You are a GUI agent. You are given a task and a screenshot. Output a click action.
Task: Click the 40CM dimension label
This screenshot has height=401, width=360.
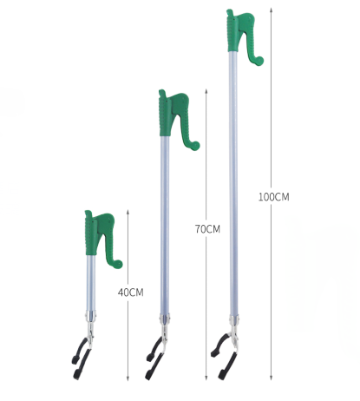pyautogui.click(x=130, y=293)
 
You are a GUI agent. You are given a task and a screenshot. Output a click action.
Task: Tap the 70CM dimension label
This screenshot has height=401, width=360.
pyautogui.click(x=207, y=229)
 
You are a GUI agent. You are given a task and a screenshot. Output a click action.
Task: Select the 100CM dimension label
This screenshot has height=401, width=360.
pyautogui.click(x=273, y=197)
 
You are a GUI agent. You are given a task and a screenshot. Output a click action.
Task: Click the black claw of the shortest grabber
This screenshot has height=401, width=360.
pyautogui.click(x=81, y=358)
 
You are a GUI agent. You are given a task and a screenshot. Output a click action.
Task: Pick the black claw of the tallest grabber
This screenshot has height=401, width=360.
pyautogui.click(x=224, y=358)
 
